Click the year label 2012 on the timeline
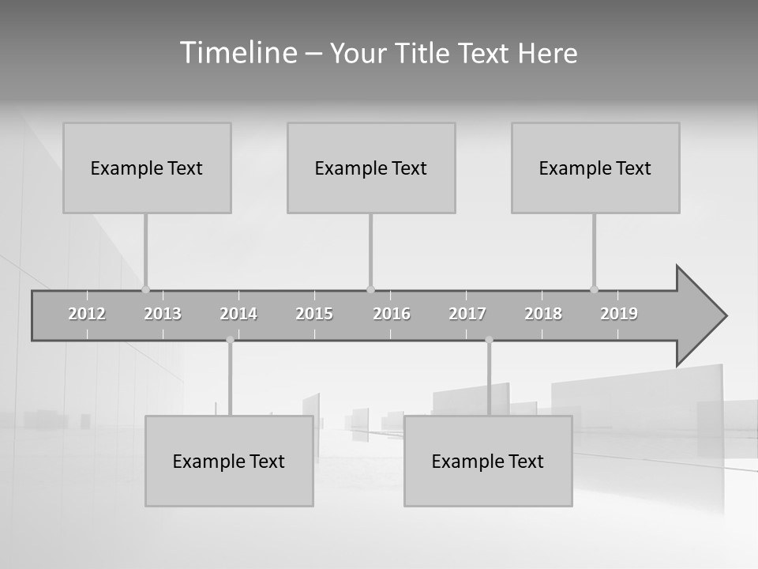[87, 314]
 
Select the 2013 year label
[163, 314]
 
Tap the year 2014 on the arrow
[238, 314]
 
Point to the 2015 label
[314, 314]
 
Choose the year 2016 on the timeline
[392, 314]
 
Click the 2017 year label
[467, 314]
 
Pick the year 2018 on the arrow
[543, 314]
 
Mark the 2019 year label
[619, 314]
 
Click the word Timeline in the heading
[238, 53]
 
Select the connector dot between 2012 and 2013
[145, 289]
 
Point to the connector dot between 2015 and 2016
[370, 289]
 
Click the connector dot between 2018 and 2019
[594, 289]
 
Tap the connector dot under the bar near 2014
[230, 340]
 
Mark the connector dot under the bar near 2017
[489, 340]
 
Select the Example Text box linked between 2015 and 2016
[371, 168]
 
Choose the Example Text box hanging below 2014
[229, 461]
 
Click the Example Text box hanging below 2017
[488, 461]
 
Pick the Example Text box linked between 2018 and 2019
[595, 168]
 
